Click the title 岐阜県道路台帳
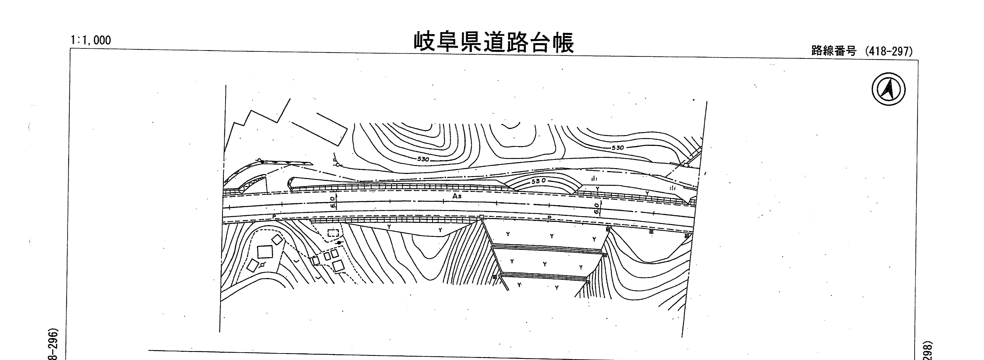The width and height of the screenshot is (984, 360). tap(493, 42)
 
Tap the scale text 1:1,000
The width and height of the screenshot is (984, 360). tap(91, 40)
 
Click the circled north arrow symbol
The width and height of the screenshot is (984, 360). tap(889, 89)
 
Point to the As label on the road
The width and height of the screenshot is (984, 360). tap(457, 196)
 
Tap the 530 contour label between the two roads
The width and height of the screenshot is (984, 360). tap(539, 181)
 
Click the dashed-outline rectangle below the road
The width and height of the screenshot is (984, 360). tap(333, 233)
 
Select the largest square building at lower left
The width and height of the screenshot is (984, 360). tap(265, 252)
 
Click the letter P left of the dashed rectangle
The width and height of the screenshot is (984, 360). tap(274, 217)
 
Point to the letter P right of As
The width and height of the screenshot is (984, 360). tap(549, 218)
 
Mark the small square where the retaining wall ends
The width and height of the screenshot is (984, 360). tap(482, 217)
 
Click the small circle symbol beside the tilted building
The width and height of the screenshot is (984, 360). tap(263, 265)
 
